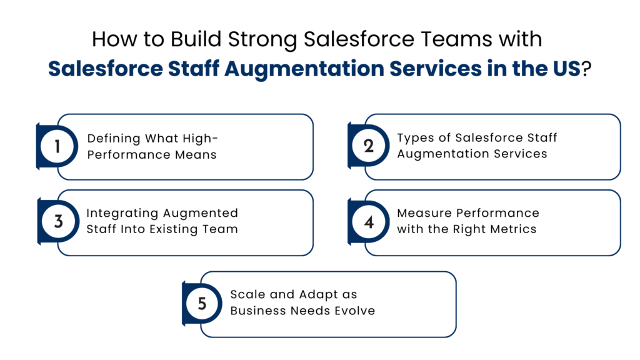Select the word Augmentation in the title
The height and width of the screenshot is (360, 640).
[304, 70]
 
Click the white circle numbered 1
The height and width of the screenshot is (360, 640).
[57, 147]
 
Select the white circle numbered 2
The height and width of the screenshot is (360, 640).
[368, 147]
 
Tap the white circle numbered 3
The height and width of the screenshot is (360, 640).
[57, 222]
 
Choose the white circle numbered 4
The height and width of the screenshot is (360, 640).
[368, 222]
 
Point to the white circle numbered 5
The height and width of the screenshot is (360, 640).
[202, 304]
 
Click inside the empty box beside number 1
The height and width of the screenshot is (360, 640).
[194, 147]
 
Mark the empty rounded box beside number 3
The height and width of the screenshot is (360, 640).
[194, 222]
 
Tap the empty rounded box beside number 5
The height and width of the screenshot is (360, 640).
[337, 304]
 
